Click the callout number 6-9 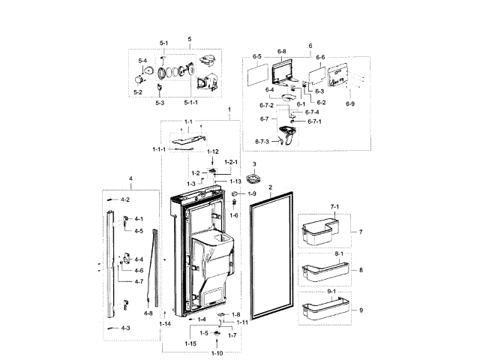(349, 103)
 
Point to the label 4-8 (148, 313)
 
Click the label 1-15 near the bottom (190, 343)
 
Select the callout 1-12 (213, 152)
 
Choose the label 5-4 (142, 61)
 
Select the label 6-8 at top (281, 51)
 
